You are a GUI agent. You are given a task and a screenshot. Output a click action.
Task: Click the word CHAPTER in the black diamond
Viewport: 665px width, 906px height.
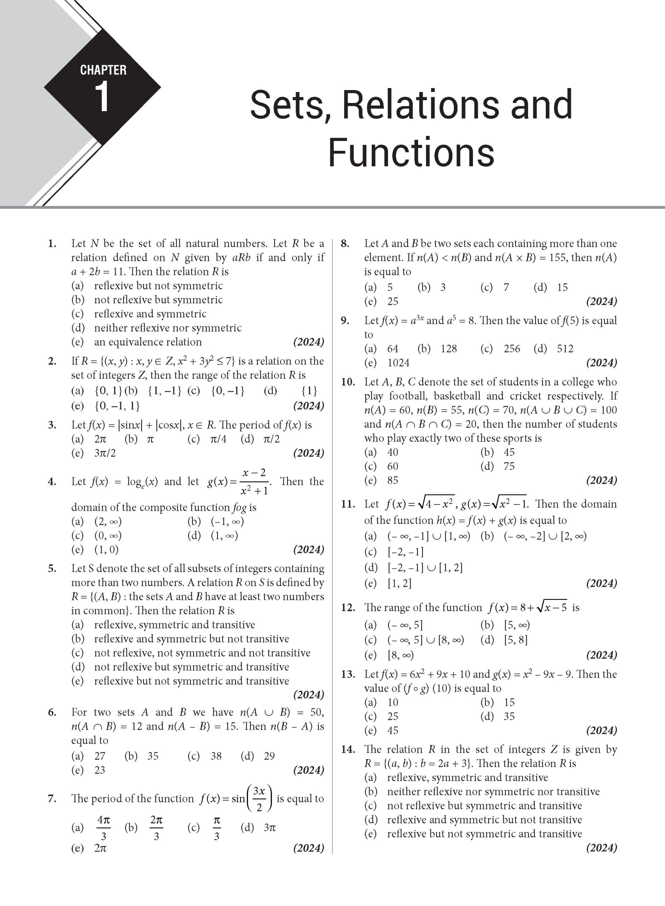click(103, 70)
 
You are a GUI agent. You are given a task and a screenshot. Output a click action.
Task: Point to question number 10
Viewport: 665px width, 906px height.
click(348, 382)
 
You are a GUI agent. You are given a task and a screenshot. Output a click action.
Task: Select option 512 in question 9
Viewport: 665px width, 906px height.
click(565, 349)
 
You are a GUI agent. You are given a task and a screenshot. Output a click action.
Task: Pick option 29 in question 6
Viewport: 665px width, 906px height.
click(269, 756)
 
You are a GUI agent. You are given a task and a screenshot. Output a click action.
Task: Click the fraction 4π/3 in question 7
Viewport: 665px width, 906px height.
click(103, 827)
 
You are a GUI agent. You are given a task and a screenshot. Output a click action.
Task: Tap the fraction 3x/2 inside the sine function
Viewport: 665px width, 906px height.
click(259, 799)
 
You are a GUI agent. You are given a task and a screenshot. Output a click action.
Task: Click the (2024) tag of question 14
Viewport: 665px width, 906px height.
click(601, 848)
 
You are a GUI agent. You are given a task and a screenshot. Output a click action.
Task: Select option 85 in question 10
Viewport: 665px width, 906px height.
click(393, 480)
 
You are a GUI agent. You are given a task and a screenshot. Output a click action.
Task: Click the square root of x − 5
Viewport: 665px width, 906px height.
click(552, 607)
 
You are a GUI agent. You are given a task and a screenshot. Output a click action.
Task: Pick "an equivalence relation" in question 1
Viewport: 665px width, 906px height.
click(148, 342)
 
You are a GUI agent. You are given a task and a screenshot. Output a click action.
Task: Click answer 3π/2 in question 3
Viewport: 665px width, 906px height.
click(105, 453)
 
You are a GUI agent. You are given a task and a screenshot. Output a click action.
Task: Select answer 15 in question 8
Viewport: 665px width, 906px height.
click(562, 287)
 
